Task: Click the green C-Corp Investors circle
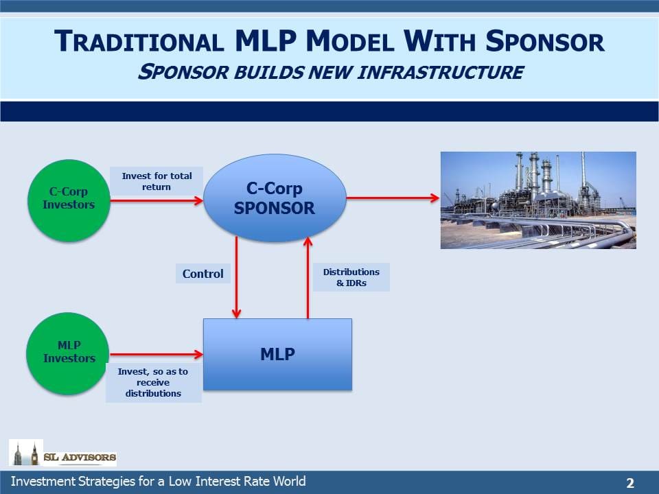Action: coord(69,200)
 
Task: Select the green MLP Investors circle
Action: coord(68,354)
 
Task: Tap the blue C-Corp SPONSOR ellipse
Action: coord(275,198)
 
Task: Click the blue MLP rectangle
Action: coord(277,355)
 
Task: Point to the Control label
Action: coord(203,274)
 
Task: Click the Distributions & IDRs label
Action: coord(351,277)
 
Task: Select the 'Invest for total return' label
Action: coord(157,181)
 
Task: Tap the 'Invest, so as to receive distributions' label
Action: coord(153,382)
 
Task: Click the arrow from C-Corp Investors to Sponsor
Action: coord(157,200)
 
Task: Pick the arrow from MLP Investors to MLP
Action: coord(157,355)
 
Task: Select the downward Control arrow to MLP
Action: coord(237,277)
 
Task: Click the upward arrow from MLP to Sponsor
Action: coord(308,277)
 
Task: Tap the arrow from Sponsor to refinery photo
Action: coord(393,198)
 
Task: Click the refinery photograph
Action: coord(538,200)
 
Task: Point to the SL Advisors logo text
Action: coord(80,457)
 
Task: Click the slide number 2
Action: coord(630,482)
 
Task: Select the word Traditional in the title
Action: coord(139,41)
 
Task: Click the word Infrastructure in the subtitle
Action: coord(441,72)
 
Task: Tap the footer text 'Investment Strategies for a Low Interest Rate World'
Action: coord(159,482)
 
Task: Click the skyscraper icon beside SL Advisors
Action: coord(26,453)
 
